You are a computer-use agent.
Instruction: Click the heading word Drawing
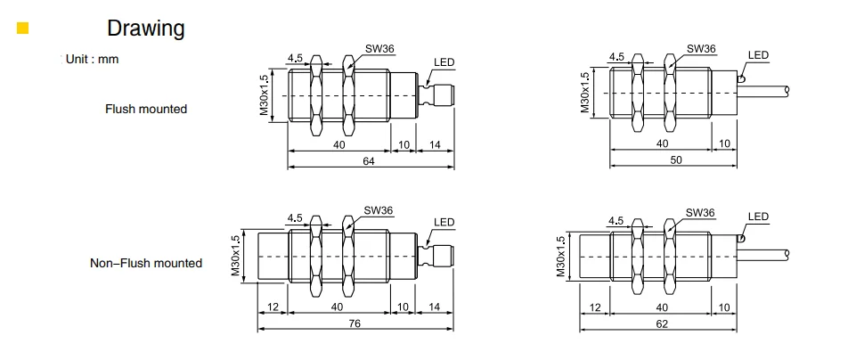coord(145,29)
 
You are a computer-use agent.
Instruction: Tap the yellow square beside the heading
coord(23,29)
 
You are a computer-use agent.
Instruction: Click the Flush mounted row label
coord(146,109)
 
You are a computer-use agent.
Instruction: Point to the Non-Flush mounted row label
coord(146,263)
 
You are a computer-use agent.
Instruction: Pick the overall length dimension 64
coord(369,161)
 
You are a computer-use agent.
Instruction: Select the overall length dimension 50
coord(674,158)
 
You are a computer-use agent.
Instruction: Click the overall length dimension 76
coord(355,323)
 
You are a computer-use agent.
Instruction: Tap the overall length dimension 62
coord(661,323)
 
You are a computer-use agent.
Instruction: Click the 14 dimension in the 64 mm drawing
coord(435,143)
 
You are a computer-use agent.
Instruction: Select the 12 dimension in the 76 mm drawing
coord(272,307)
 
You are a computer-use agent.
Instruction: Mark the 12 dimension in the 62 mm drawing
coord(594,307)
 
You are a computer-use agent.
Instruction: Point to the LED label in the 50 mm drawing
coord(757,55)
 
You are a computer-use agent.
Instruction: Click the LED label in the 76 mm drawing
coord(444,223)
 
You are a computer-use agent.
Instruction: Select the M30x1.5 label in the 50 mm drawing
coord(585,93)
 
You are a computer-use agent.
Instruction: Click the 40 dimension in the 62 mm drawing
coord(660,307)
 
